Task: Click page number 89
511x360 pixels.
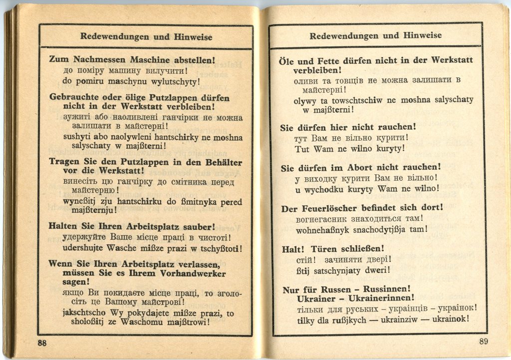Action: [x=484, y=342]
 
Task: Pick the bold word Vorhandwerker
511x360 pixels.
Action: [x=195, y=273]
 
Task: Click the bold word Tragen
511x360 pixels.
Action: [x=63, y=162]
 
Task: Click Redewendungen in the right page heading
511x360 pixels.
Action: [x=343, y=35]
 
